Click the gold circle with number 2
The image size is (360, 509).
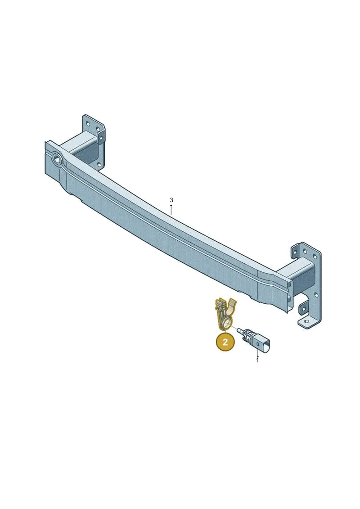(225, 342)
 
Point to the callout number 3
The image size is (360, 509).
(171, 200)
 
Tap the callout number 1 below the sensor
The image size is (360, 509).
(257, 360)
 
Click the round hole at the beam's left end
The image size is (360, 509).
(58, 159)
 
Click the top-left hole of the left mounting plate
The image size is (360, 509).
(87, 123)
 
